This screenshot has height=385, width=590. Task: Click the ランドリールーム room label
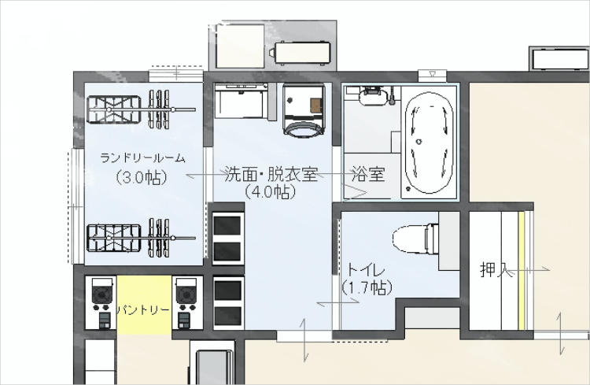pyautogui.click(x=143, y=157)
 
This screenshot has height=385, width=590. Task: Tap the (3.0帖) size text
pyautogui.click(x=142, y=177)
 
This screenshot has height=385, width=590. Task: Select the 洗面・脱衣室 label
pyautogui.click(x=271, y=174)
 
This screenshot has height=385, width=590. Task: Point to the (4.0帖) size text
pyautogui.click(x=270, y=192)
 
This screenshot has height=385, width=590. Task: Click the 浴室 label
pyautogui.click(x=368, y=175)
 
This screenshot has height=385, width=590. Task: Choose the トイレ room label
pyautogui.click(x=366, y=271)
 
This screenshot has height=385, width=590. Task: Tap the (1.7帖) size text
pyautogui.click(x=367, y=288)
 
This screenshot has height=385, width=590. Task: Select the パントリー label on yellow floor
pyautogui.click(x=143, y=310)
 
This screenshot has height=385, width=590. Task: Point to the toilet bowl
pyautogui.click(x=416, y=239)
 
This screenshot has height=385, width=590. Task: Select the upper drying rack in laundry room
pyautogui.click(x=141, y=109)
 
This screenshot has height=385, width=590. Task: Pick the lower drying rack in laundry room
pyautogui.click(x=141, y=238)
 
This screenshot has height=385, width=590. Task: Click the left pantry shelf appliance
pyautogui.click(x=101, y=303)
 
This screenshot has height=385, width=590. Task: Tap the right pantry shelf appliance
pyautogui.click(x=187, y=303)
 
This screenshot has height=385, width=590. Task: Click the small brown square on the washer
pyautogui.click(x=316, y=105)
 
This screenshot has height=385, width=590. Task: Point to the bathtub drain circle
pyautogui.click(x=419, y=142)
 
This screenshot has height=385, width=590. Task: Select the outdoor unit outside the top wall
pyautogui.click(x=303, y=53)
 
